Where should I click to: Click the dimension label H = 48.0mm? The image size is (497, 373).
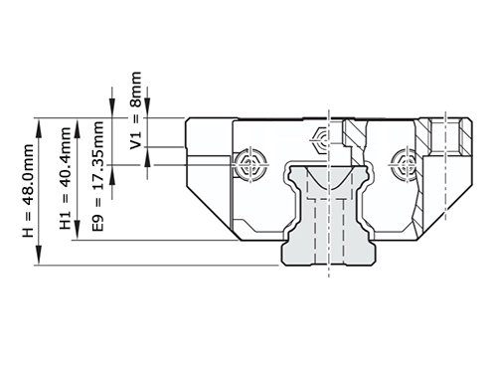pyautogui.click(x=28, y=190)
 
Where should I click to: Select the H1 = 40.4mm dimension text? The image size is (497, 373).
pyautogui.click(x=66, y=178)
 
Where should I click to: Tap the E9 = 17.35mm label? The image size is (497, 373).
pyautogui.click(x=97, y=176)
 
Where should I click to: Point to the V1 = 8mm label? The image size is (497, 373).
pyautogui.click(x=136, y=110)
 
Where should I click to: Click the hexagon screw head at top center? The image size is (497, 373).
pyautogui.click(x=320, y=140)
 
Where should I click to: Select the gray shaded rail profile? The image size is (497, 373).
pyautogui.click(x=329, y=215)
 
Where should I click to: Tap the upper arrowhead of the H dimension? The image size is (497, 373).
pyautogui.click(x=39, y=128)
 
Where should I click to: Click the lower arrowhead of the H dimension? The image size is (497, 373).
pyautogui.click(x=39, y=255)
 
